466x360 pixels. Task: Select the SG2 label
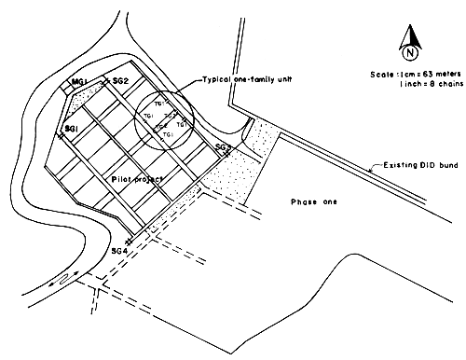(x=118, y=82)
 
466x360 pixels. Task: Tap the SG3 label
(x=223, y=148)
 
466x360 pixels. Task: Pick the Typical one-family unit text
(x=238, y=81)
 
